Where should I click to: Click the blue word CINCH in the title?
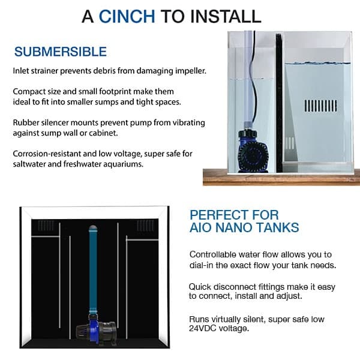click(x=127, y=16)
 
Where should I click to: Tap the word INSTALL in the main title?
click(x=226, y=16)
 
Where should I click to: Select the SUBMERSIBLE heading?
click(x=61, y=52)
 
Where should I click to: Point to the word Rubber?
click(x=26, y=122)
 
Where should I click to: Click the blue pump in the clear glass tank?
click(x=253, y=152)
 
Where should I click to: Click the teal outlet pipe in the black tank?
click(x=93, y=270)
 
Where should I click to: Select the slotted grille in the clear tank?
click(x=321, y=106)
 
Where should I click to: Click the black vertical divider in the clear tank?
click(x=279, y=103)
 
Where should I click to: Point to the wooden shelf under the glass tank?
click(x=281, y=177)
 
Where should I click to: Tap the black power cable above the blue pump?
click(x=253, y=80)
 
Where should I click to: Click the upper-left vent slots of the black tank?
click(x=46, y=226)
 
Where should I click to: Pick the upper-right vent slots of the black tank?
click(x=145, y=226)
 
